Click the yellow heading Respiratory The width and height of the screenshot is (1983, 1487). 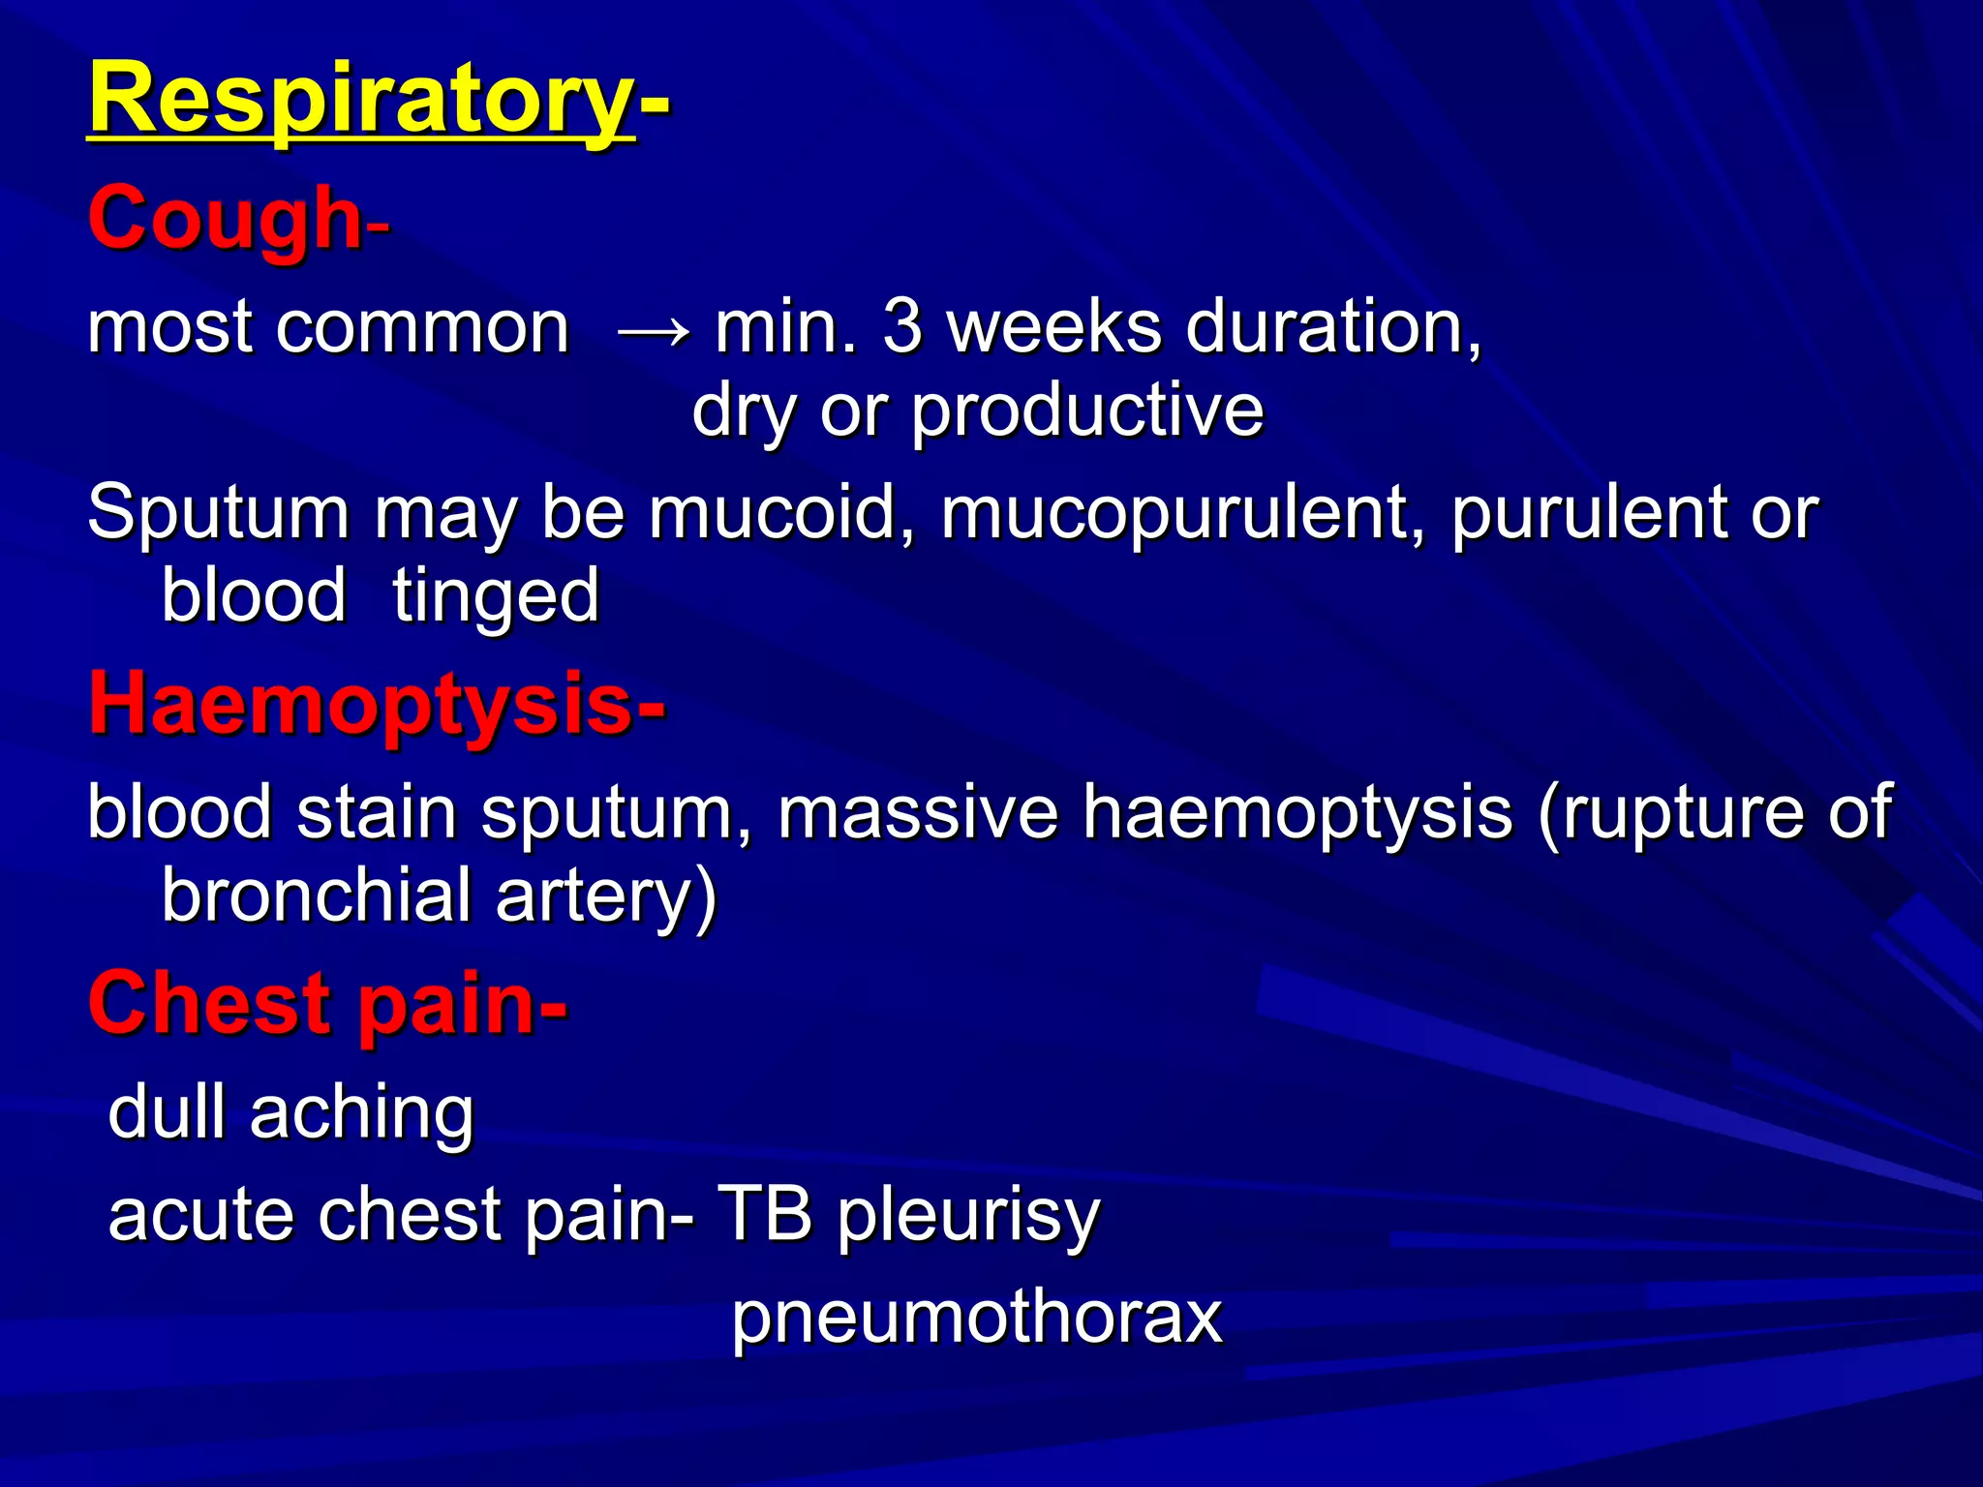point(360,100)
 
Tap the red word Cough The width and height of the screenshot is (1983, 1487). point(225,220)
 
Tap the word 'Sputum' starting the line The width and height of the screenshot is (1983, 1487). point(218,513)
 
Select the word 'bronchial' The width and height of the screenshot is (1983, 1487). point(316,895)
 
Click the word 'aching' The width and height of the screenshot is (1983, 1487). point(361,1114)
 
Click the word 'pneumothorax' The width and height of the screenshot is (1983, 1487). point(976,1319)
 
